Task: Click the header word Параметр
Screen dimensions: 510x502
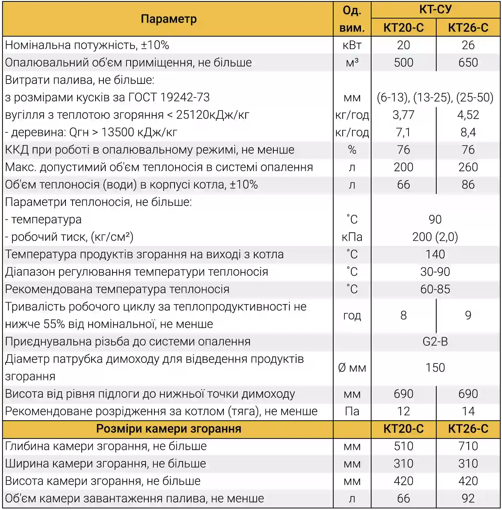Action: tap(168, 19)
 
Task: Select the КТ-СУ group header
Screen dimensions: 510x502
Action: tap(435, 9)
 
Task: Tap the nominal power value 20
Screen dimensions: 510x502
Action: tap(403, 45)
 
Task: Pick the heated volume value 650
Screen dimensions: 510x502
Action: tap(468, 63)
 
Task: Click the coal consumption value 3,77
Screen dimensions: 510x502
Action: tap(403, 115)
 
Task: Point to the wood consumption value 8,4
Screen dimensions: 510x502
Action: tap(468, 132)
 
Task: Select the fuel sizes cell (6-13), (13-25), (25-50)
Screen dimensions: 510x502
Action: tap(435, 97)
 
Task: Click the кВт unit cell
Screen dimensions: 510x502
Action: tap(352, 45)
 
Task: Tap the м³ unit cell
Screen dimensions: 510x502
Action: tap(352, 63)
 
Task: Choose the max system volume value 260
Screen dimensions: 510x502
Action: tap(468, 167)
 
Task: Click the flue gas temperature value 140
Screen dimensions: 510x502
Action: tap(435, 254)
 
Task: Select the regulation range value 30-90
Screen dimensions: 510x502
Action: tap(435, 272)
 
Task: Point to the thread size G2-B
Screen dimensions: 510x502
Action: tap(435, 342)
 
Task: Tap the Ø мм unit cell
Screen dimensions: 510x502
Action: tap(352, 368)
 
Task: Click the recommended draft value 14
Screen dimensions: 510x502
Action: tap(468, 411)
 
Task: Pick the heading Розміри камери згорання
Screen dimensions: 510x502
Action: tap(168, 428)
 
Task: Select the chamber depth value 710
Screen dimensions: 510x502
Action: tap(468, 446)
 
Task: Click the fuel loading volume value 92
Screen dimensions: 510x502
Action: tap(468, 498)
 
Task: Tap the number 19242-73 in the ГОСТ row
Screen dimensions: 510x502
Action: tap(185, 97)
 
